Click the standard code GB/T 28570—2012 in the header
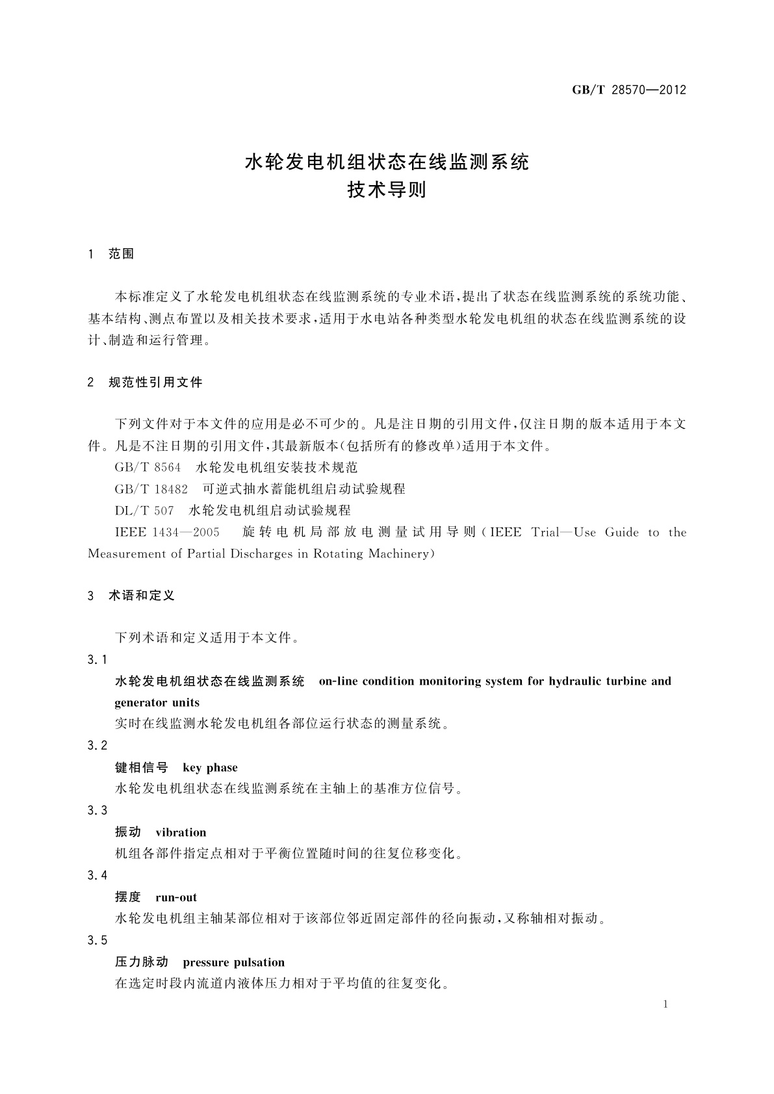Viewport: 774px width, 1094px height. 628,90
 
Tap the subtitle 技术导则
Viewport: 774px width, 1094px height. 387,190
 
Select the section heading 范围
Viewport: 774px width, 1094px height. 122,254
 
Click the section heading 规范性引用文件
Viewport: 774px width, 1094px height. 156,383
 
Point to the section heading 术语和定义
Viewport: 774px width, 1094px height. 142,595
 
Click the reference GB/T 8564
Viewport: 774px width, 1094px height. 148,467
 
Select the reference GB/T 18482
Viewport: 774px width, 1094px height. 151,489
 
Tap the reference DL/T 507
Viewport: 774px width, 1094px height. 144,510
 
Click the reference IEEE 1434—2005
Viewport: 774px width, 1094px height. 167,532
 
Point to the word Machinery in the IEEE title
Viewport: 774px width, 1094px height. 400,553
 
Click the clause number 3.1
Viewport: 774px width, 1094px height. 97,659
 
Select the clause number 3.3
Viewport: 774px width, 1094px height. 97,810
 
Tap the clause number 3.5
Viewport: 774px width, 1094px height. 97,940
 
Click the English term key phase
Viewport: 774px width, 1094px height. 210,767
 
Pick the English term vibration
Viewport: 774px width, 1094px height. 181,832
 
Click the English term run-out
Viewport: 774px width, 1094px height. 176,897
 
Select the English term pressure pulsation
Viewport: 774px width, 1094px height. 234,962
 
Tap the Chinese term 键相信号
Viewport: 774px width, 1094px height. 141,767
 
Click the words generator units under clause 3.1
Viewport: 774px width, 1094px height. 157,702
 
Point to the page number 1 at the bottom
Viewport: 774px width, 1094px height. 666,1004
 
